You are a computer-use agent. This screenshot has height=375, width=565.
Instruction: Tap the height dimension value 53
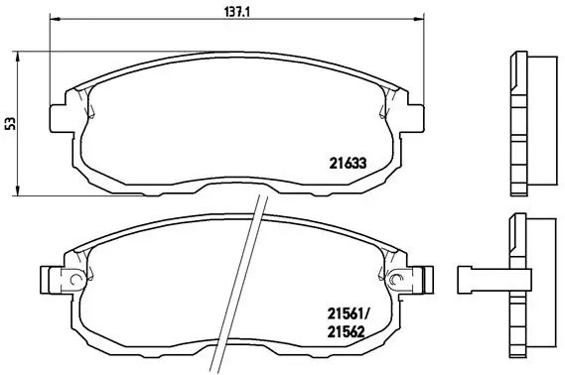10,123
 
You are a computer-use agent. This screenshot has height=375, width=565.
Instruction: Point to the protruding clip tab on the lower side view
479,277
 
